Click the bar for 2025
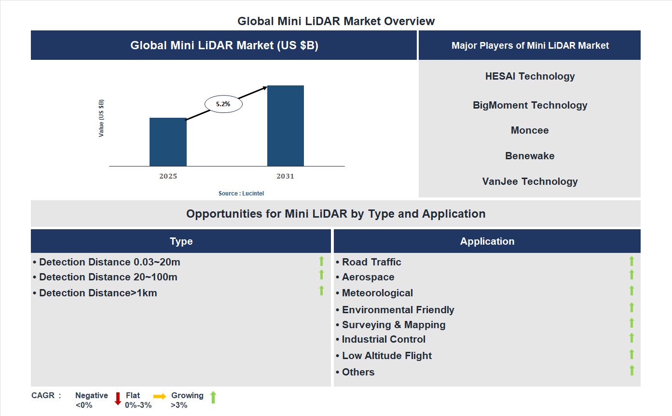168,142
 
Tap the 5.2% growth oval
223,104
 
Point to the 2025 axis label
168,176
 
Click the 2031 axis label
285,176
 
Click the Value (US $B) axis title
101,118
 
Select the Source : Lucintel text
241,193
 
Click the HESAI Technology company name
530,76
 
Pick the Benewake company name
530,156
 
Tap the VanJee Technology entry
530,181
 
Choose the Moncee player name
530,130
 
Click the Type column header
181,241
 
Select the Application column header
487,241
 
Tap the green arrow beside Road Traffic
631,261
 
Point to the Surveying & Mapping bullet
393,325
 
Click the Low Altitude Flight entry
386,356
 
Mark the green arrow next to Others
631,371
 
